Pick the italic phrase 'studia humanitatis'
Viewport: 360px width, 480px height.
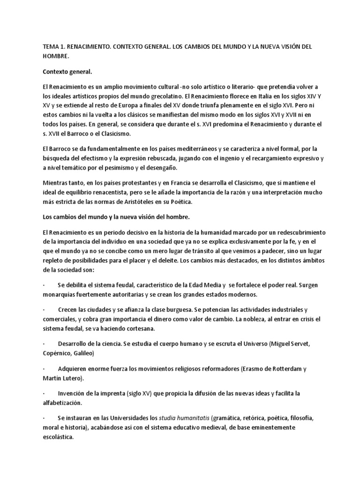click(184, 418)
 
